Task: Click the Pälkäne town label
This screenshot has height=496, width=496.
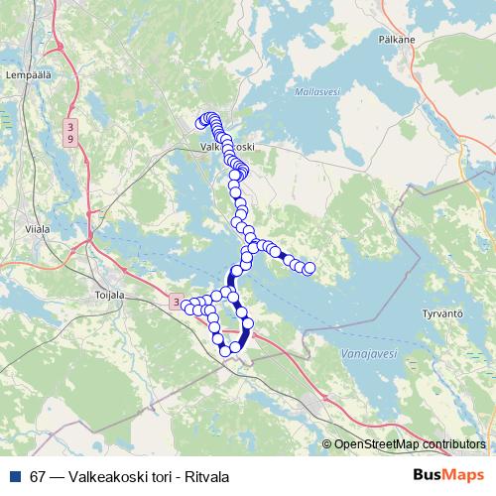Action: (395, 42)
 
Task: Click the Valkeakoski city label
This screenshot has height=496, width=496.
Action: (227, 146)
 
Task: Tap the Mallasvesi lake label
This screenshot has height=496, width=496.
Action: (317, 91)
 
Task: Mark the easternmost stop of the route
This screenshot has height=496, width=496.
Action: (309, 268)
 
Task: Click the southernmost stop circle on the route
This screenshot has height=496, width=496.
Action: (225, 350)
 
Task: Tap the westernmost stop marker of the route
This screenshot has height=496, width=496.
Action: (184, 306)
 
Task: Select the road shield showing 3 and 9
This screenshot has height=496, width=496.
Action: (70, 132)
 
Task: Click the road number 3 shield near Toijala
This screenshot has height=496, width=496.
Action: (175, 301)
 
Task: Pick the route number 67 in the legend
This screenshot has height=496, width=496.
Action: (38, 476)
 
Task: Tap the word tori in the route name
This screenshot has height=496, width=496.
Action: (157, 476)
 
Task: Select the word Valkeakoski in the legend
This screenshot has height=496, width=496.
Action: (105, 476)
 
